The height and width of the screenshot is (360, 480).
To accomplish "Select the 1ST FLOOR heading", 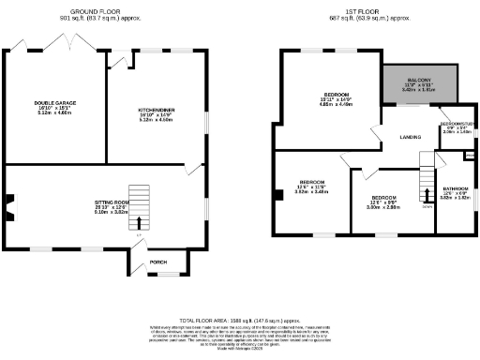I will coord(361,12).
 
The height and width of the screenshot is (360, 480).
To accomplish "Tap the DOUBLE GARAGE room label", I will coord(53,101).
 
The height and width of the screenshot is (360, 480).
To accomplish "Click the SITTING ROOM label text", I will coord(111,202).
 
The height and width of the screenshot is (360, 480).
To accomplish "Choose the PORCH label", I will coord(158,262).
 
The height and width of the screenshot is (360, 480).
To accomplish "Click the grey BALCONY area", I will coord(418,84).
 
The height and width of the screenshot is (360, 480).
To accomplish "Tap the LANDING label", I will coord(410,138).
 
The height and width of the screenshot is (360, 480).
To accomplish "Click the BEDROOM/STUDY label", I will coord(457,124).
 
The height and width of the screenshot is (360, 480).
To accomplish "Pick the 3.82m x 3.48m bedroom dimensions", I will coord(312,191).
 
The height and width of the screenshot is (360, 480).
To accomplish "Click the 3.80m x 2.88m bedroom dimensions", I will coord(382,207).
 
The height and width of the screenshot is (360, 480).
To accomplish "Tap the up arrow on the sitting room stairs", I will coord(140,222).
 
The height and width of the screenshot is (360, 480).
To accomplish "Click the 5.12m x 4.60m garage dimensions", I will coord(53,112).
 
